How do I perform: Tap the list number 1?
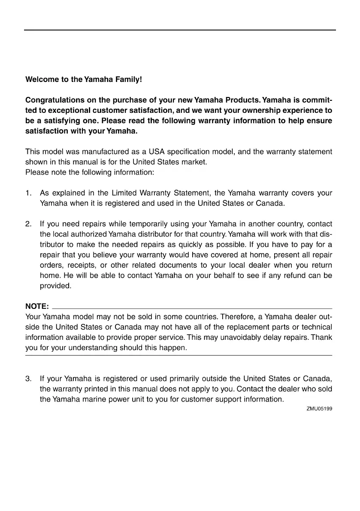tap(29, 194)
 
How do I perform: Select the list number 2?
tap(29, 224)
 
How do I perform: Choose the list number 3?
tap(29, 379)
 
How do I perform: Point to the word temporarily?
tap(136, 224)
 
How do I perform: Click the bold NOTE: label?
tap(37, 307)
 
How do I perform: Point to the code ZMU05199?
tap(319, 409)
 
